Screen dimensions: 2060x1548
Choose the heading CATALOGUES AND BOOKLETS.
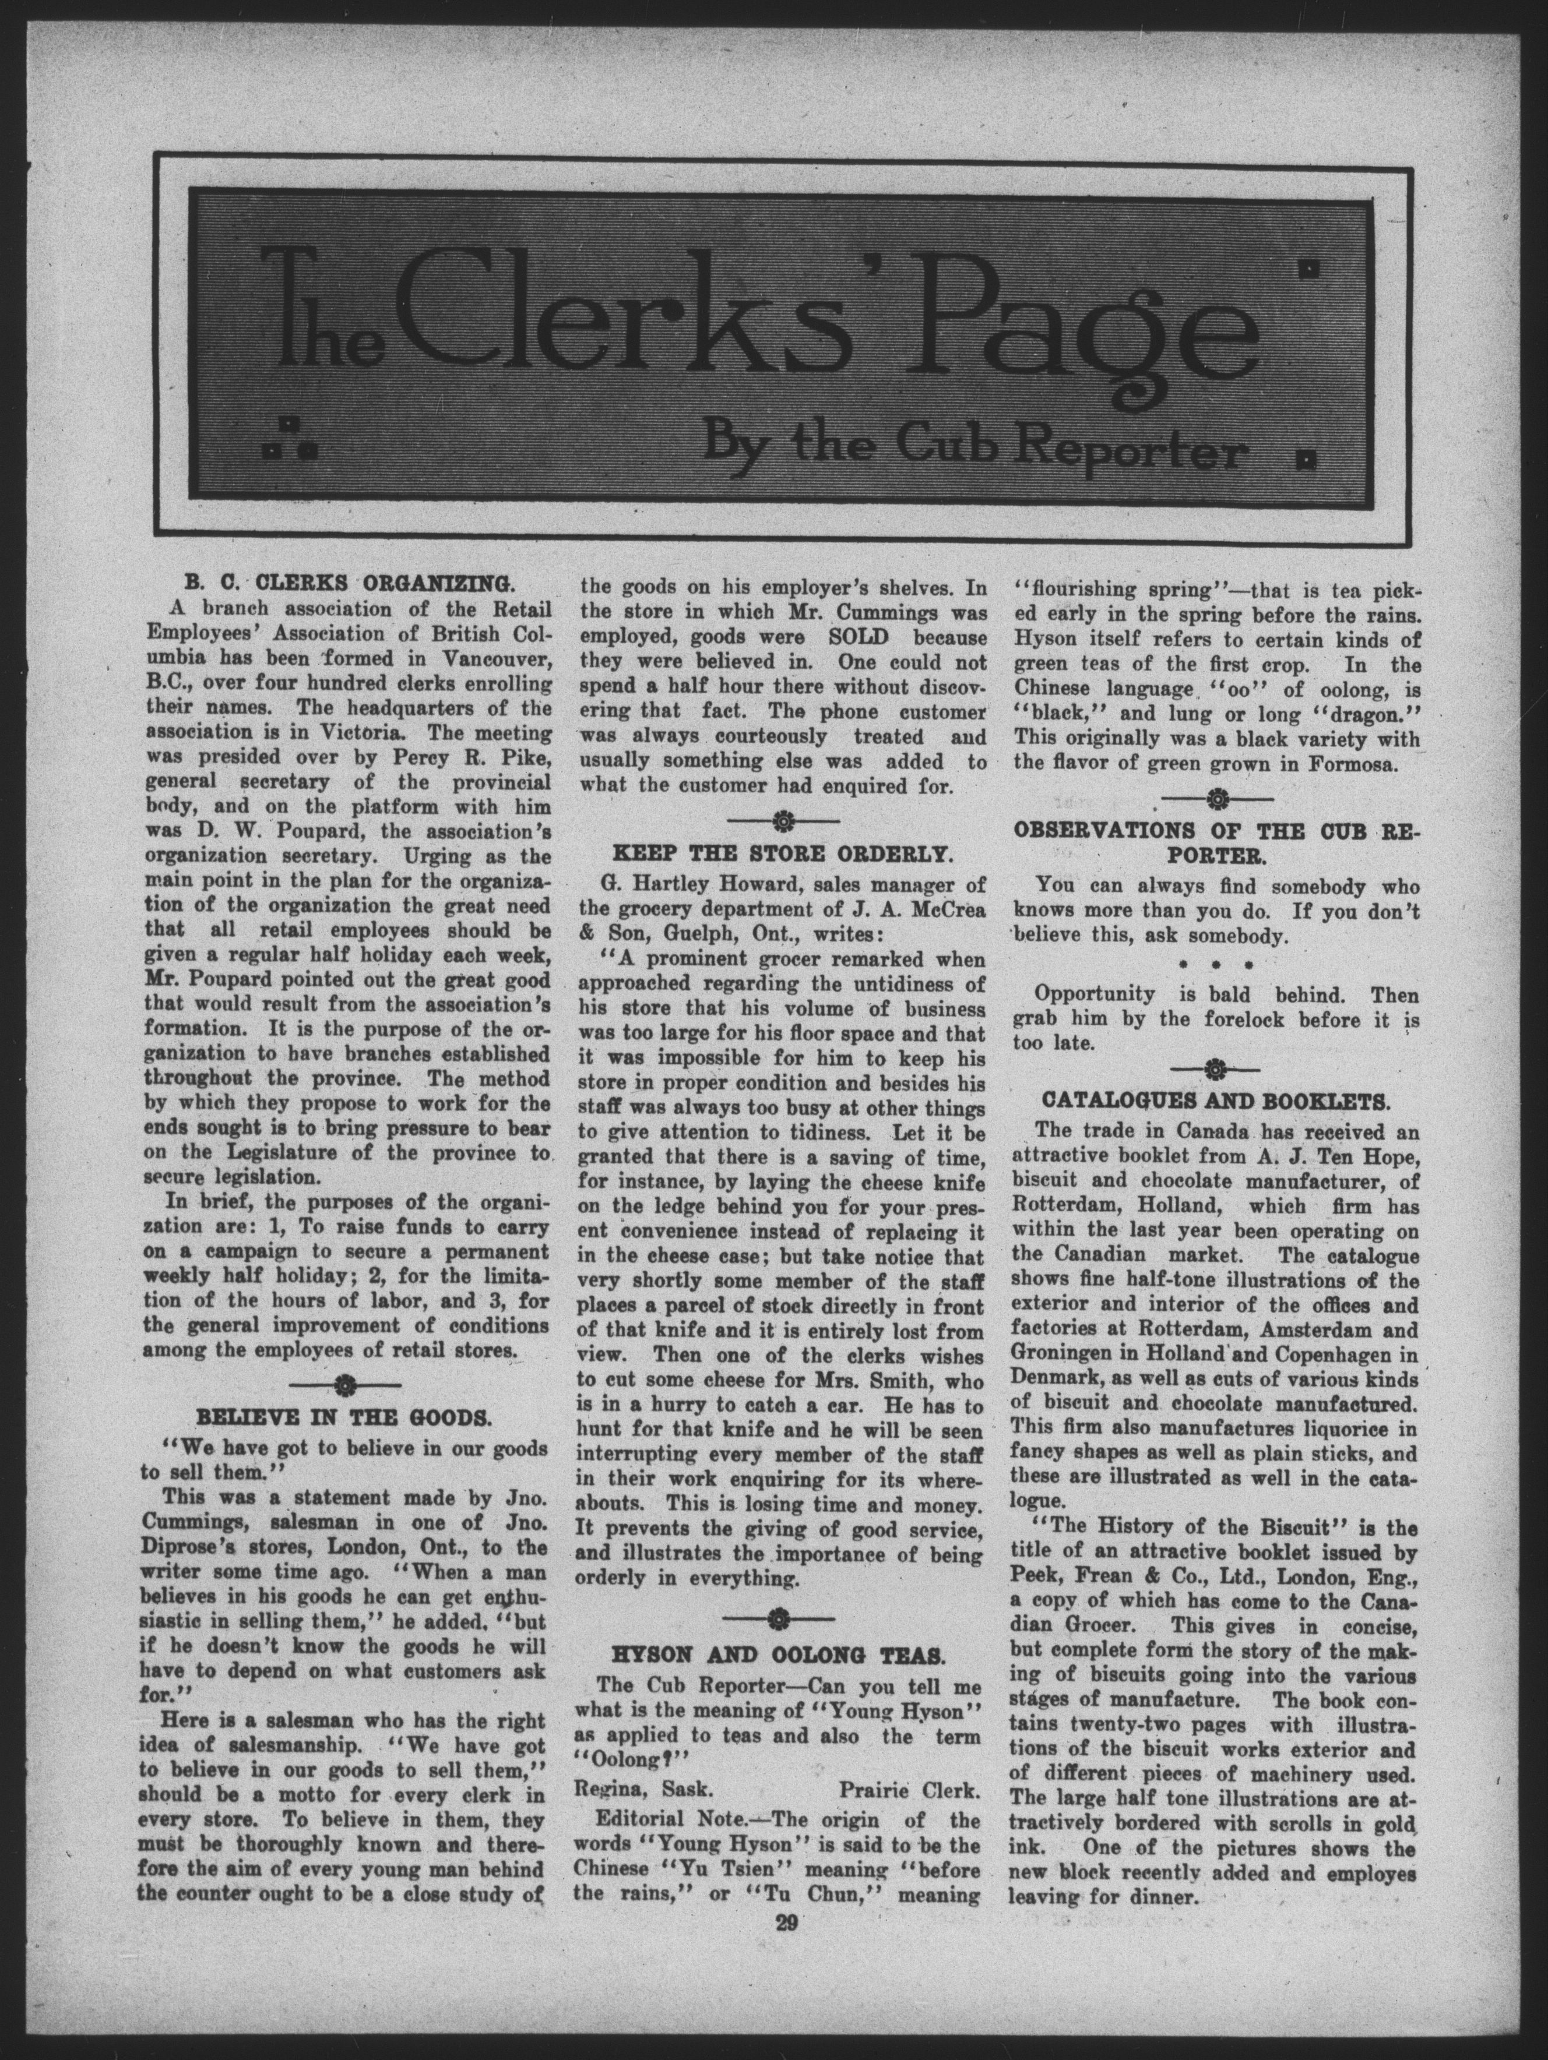pyautogui.click(x=1215, y=1099)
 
